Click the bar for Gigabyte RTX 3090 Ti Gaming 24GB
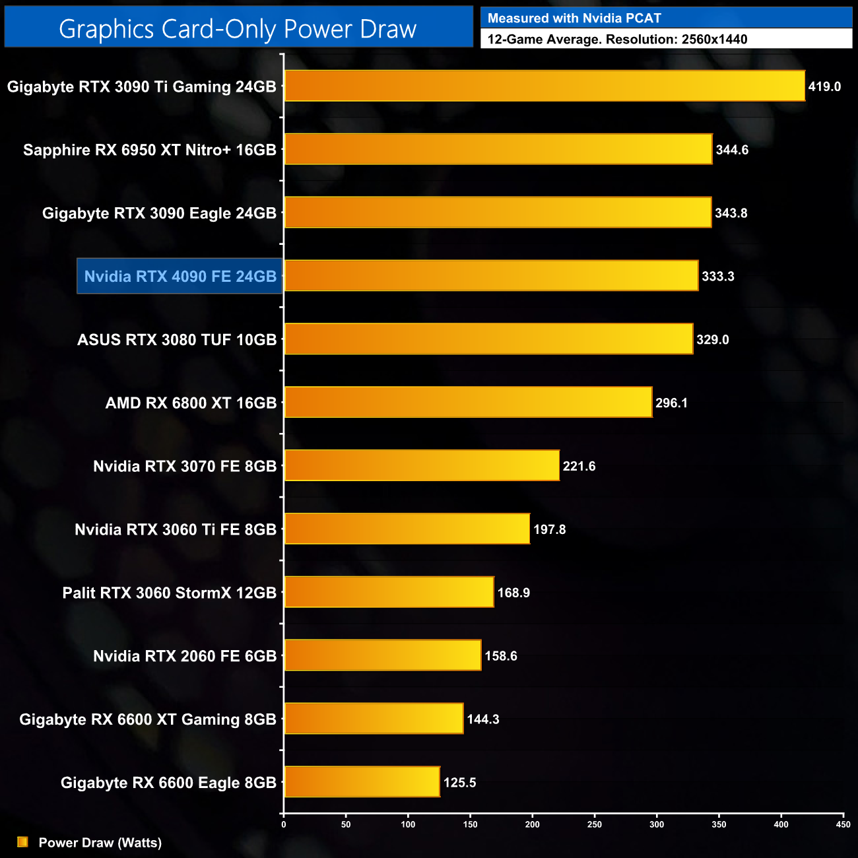(544, 86)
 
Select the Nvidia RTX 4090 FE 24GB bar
(491, 276)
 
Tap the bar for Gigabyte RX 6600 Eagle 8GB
(362, 782)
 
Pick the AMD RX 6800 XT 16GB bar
(468, 403)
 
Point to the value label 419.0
(824, 86)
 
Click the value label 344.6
(732, 150)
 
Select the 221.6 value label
(579, 466)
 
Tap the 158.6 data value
(501, 656)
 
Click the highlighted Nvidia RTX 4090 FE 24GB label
(180, 276)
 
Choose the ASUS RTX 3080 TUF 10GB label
(177, 340)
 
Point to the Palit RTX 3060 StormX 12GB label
(170, 593)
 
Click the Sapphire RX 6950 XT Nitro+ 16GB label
(150, 150)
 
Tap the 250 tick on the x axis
(595, 824)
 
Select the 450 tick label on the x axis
(843, 824)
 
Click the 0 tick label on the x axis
(284, 824)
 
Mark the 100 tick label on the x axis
(408, 824)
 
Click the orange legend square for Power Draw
(22, 842)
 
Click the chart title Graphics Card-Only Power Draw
(238, 29)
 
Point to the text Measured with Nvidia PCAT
(574, 18)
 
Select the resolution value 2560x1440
(714, 40)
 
